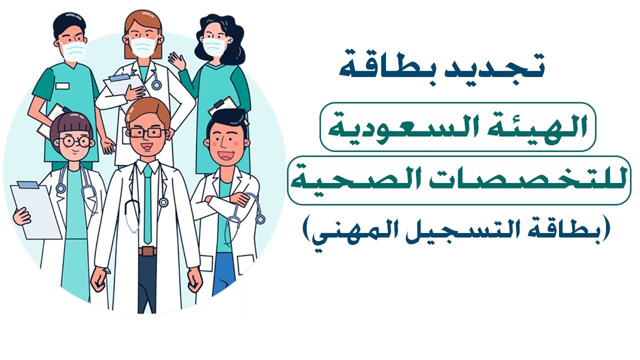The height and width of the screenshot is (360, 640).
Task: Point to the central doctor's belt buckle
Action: (147, 251)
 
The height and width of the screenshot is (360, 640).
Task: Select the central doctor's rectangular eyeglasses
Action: (146, 133)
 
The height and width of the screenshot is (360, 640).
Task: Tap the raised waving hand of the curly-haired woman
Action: (177, 62)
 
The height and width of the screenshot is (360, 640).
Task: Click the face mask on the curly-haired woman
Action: (214, 47)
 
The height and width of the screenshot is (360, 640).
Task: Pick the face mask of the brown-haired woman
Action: (144, 45)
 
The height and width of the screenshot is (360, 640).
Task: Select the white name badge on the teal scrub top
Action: (62, 86)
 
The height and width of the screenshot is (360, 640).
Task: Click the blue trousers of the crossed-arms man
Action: (223, 272)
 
